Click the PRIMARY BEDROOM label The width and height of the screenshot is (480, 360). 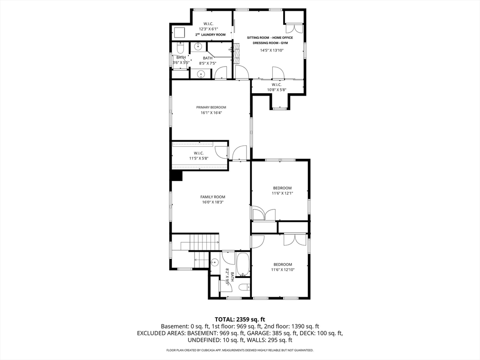(211, 107)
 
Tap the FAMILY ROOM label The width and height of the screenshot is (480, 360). (213, 197)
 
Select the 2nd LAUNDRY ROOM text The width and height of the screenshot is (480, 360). (210, 35)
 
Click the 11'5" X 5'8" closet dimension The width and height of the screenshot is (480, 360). (199, 158)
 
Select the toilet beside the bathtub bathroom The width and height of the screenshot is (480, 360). (244, 287)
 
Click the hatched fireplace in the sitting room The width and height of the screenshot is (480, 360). (236, 52)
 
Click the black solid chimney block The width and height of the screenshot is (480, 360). (177, 176)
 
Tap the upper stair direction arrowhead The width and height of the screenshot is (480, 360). (218, 242)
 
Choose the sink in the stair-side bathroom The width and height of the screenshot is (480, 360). (215, 262)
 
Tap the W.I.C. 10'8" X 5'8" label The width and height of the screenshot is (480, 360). (277, 87)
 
